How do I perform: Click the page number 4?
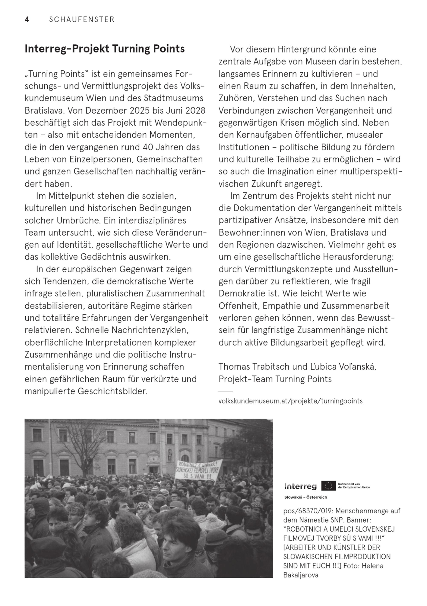tap(27, 20)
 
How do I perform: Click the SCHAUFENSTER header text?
tap(82, 20)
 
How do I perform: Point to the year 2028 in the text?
tap(195, 110)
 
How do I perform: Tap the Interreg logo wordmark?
tap(301, 486)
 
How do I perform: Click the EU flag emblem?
tap(329, 486)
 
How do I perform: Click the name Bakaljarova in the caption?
tap(301, 575)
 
